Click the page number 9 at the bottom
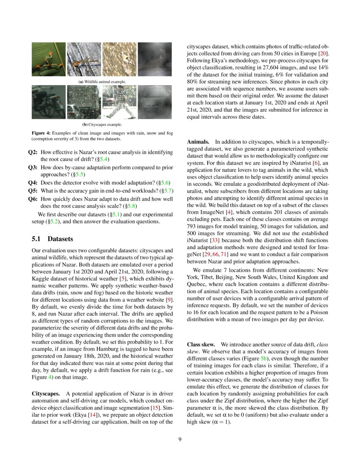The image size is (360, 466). [x=180, y=439]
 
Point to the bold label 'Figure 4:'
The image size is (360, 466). [x=42, y=133]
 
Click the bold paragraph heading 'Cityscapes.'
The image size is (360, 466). [x=47, y=394]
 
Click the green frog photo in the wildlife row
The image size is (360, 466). [x=48, y=59]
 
